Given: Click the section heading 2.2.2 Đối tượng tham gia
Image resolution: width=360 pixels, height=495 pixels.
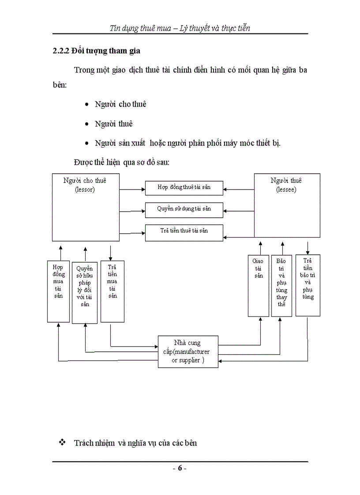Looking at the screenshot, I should point(96,51).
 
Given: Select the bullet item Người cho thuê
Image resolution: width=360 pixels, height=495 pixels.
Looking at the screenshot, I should point(120,104).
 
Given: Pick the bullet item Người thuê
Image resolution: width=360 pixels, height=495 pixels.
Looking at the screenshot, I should point(114,124).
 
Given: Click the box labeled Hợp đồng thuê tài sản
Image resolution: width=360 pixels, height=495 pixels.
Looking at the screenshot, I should point(184,187).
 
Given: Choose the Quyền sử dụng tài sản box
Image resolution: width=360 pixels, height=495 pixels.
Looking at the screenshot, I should point(184,209).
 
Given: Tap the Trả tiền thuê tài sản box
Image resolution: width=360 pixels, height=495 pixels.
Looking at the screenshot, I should point(184,231).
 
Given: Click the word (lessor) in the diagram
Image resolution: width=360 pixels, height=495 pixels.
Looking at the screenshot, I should point(85,190).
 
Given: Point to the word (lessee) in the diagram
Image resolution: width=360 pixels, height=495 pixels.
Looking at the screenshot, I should point(286,190).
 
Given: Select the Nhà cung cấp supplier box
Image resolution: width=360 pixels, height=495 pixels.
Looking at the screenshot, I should point(188,351).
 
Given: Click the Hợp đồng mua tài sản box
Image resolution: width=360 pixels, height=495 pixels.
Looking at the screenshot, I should point(58,291).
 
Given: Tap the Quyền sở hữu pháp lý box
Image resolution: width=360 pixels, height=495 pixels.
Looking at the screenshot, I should point(85,293).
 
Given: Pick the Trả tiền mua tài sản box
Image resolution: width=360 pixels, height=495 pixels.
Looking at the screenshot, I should point(112,291).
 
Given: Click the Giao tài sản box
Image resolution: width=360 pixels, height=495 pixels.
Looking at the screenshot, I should point(258,286).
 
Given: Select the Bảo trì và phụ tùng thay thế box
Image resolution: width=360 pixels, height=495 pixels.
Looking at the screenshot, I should point(281,286).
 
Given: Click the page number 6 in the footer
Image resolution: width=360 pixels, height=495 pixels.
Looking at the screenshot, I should point(180,468).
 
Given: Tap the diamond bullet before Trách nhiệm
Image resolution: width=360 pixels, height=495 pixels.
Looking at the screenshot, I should point(62,442).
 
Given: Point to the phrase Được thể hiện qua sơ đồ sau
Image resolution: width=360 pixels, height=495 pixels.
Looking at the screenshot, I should point(122,162).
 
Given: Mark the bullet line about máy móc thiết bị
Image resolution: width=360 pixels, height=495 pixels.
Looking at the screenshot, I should point(187,143).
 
